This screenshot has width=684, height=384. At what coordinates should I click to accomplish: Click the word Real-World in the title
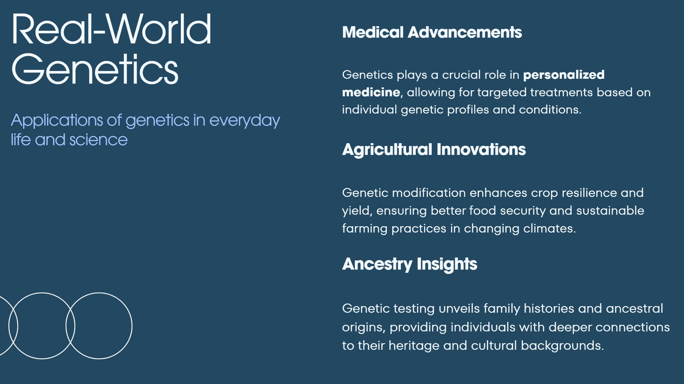pos(111,29)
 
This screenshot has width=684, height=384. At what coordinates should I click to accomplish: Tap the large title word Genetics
pos(95,69)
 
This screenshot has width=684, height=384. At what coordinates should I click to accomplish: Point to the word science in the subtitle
pos(98,140)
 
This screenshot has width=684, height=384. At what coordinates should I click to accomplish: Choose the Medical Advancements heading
pos(432,32)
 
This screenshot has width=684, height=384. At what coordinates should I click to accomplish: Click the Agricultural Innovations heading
pos(434,150)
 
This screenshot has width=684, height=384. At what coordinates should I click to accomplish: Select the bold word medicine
pos(371,92)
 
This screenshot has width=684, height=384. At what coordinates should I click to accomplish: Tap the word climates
pos(549,229)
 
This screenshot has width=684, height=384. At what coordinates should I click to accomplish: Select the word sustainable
pos(610,211)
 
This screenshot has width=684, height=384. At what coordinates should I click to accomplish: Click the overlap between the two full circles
pos(71,326)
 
